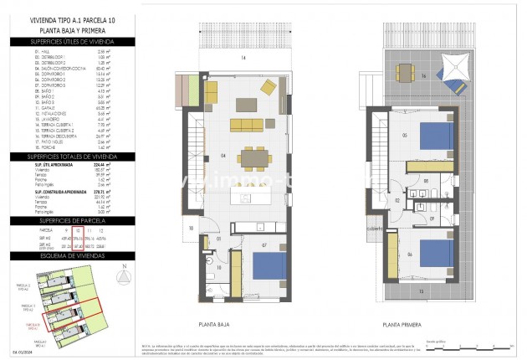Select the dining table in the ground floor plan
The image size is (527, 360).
point(248,156)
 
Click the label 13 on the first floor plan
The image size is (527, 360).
point(421,290)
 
